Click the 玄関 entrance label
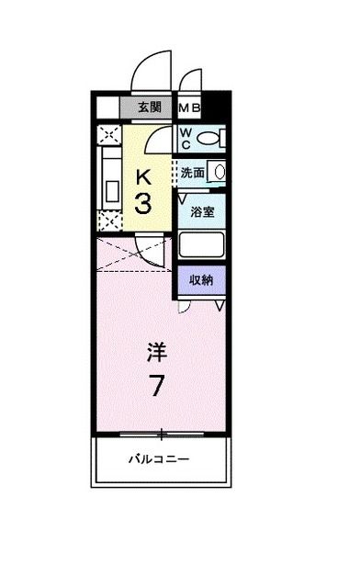150,107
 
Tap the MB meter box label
189,108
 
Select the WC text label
186,139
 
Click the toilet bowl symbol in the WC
208,139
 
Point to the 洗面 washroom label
193,173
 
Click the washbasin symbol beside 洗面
219,172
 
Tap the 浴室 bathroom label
202,211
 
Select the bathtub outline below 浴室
201,245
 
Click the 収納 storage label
201,279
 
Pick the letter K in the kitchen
143,177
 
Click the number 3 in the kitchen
143,204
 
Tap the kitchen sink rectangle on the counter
112,191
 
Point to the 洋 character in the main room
157,352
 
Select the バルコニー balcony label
160,458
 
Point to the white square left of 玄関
108,108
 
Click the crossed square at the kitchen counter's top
109,135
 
